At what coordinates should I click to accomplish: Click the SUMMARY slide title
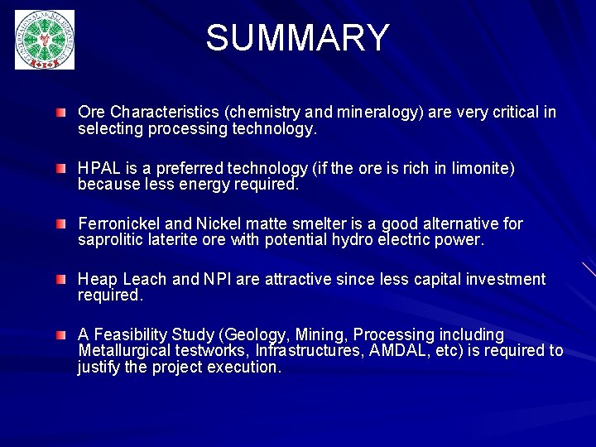pos(297,38)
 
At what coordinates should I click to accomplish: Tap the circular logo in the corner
pos(45,39)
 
